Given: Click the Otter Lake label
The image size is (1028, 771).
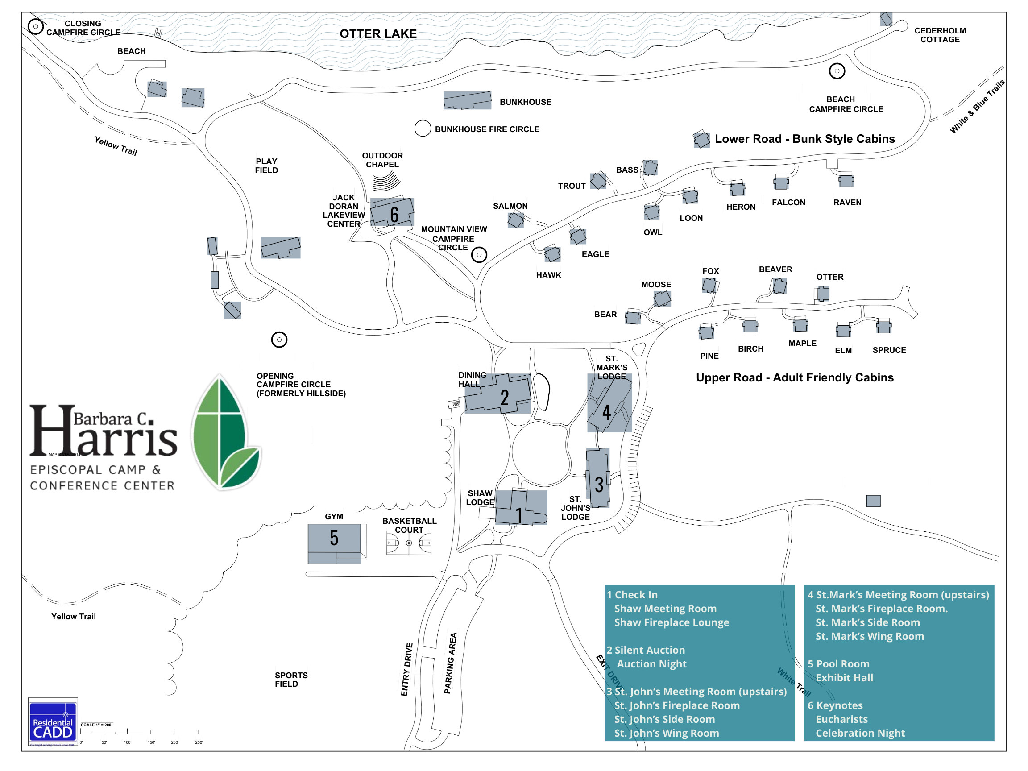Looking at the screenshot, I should (x=378, y=34).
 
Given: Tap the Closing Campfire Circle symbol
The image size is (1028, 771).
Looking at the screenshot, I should (x=36, y=26).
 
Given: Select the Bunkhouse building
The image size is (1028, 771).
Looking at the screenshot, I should (x=467, y=100).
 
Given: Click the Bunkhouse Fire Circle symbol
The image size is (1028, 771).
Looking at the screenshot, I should (x=423, y=128).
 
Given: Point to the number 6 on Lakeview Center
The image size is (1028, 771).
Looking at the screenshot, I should (x=394, y=215).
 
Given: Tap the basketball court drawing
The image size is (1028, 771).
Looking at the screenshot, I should (x=409, y=543).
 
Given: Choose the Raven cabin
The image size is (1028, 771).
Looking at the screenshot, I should (x=846, y=180).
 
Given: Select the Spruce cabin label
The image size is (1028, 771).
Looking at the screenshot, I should (x=889, y=350).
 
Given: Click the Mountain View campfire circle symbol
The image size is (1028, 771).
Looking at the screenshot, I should (x=479, y=255).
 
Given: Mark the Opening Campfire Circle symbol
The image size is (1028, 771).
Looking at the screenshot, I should (x=279, y=340).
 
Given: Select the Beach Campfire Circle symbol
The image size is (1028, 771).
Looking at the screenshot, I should (x=837, y=71).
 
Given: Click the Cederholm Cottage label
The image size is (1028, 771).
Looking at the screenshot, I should (x=940, y=35).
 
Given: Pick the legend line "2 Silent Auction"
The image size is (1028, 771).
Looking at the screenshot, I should (x=646, y=650).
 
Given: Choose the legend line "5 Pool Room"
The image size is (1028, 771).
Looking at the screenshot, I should (x=838, y=664).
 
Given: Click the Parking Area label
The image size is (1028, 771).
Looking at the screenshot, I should (x=450, y=663).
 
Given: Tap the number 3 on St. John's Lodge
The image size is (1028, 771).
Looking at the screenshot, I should (x=599, y=485).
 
